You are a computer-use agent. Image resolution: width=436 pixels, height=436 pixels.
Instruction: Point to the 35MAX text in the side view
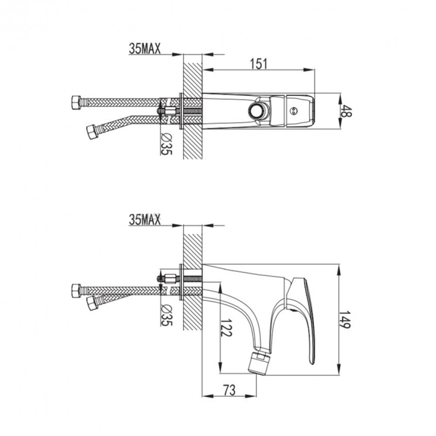[x=145, y=219]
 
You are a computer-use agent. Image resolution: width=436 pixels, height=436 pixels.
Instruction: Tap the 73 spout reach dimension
[x=229, y=390]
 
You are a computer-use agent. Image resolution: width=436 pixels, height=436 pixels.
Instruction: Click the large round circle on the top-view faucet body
[x=257, y=111]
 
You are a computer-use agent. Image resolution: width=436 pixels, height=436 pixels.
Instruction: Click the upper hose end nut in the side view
[x=77, y=290]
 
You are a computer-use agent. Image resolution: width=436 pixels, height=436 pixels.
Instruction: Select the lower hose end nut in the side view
[x=93, y=303]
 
